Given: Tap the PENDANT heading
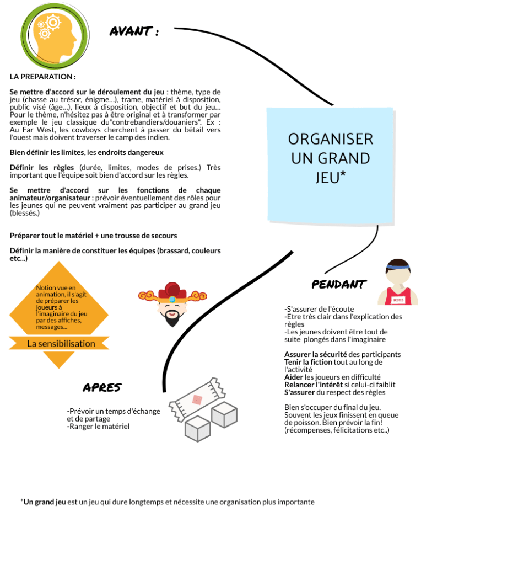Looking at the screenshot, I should coord(338,285).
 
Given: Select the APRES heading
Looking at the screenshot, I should coord(102,387).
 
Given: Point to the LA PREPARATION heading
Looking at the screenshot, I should coord(42,77).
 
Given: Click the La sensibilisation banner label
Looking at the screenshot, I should coord(61,344).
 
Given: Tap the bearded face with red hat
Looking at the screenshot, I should coord(172,304).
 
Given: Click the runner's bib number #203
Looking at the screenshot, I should coord(398,300).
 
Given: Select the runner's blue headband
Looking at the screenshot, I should coord(398,266).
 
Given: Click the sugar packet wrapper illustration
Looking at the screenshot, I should coord(197,399).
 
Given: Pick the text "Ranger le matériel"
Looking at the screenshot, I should coord(99,426).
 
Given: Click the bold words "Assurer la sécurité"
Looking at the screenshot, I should coord(315,354).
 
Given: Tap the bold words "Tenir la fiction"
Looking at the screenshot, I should coord(308,362).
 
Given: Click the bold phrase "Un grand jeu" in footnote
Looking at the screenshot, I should coord(44,502).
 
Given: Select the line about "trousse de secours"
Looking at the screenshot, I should coord(93,236).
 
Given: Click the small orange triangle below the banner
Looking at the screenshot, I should coord(58,359).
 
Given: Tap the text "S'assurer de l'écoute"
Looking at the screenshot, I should coord(319,309).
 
